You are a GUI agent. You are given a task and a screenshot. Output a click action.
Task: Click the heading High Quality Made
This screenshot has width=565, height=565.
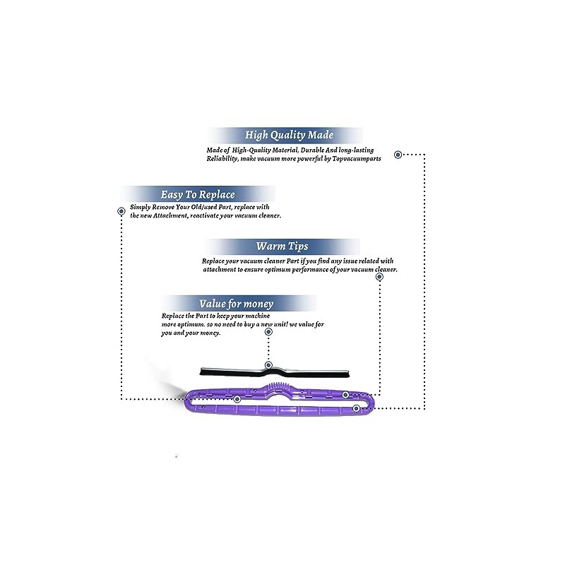(290, 135)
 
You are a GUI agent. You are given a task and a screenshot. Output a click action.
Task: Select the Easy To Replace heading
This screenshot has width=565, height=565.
(198, 194)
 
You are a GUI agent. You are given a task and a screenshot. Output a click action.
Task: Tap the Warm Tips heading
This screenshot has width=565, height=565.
(282, 246)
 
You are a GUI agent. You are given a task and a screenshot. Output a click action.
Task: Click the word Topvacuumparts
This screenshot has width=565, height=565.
(353, 160)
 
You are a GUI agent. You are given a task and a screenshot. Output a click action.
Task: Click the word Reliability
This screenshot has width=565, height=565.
(222, 160)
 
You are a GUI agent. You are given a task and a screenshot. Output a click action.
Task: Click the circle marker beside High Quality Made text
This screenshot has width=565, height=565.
(398, 154)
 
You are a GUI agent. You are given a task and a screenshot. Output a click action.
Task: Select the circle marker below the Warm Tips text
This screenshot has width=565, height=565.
(379, 277)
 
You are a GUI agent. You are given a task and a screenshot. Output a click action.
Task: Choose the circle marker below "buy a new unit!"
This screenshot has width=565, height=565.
(267, 331)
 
